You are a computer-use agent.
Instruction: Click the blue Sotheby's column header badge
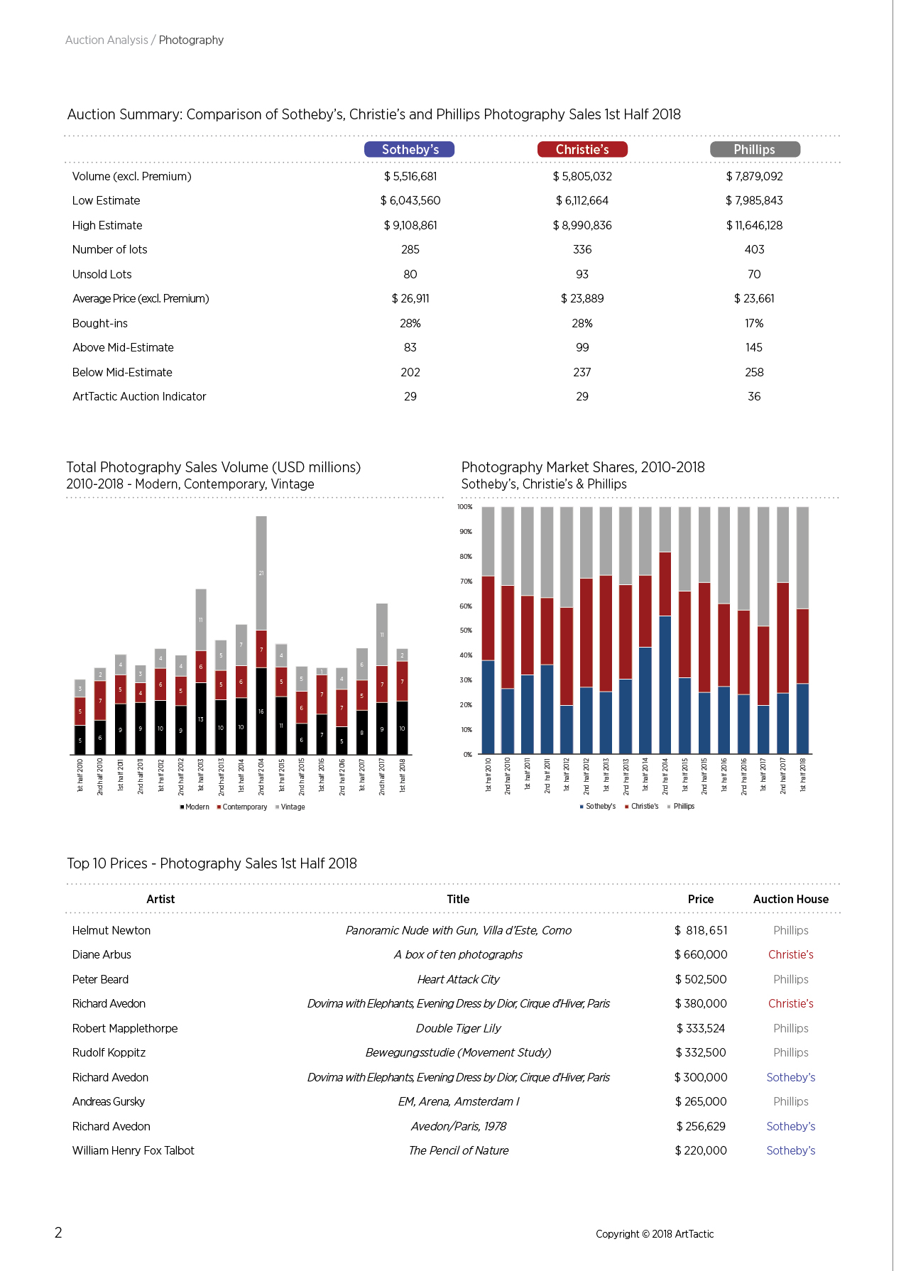(x=410, y=149)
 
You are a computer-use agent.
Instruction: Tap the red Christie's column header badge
(x=582, y=149)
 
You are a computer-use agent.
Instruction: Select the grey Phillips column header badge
(x=755, y=149)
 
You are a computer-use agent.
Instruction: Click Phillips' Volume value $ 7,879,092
(x=754, y=176)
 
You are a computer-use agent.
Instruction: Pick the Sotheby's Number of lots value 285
(x=410, y=249)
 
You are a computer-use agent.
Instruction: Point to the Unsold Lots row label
(x=102, y=274)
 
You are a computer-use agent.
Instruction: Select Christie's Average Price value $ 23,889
(x=582, y=298)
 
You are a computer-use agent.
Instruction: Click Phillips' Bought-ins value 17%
(x=754, y=323)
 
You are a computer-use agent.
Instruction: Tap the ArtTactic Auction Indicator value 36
(x=754, y=396)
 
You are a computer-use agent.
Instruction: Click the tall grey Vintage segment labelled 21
(x=261, y=573)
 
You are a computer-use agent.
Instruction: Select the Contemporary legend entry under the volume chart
(x=242, y=807)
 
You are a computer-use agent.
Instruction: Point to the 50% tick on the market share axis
(x=466, y=631)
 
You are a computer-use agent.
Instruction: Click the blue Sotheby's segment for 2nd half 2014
(x=665, y=684)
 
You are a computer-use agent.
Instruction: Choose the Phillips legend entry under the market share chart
(x=681, y=807)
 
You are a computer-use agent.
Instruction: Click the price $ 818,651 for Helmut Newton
(x=701, y=930)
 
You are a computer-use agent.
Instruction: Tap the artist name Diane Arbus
(x=102, y=954)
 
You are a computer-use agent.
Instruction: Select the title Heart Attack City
(x=459, y=979)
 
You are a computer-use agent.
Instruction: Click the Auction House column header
(x=791, y=899)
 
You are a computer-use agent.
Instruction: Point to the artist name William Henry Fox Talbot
(x=133, y=1150)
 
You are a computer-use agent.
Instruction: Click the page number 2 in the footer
(x=58, y=1233)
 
